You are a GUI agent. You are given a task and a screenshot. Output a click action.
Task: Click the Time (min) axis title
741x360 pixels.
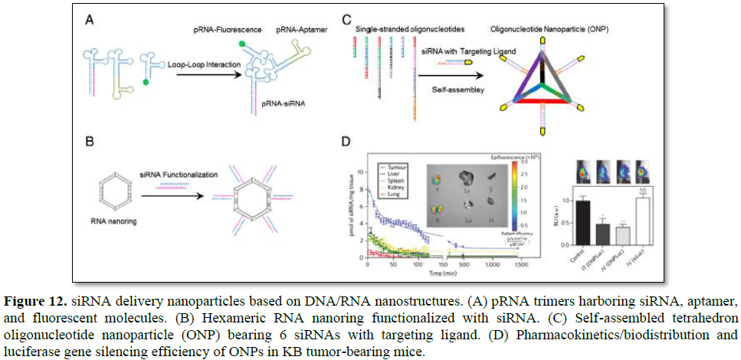click(445, 271)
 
